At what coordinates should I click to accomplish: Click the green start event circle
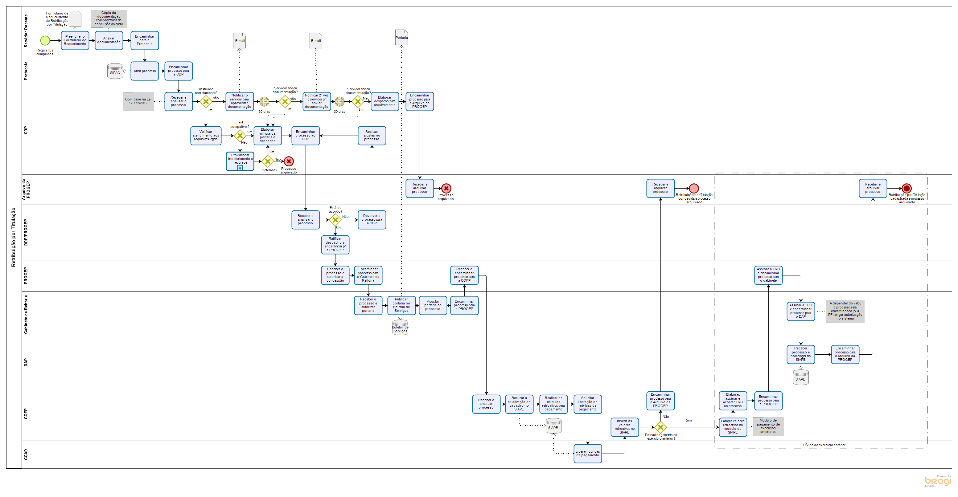(45, 40)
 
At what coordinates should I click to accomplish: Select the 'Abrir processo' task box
(145, 71)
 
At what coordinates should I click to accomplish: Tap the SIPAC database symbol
(115, 71)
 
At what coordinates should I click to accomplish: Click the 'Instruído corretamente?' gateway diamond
(206, 101)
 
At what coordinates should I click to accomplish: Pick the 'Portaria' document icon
(401, 38)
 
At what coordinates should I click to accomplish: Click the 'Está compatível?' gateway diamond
(240, 136)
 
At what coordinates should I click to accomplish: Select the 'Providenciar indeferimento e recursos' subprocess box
(240, 161)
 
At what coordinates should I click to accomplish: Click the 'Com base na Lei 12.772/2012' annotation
(138, 101)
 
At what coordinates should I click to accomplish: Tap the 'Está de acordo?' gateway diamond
(335, 220)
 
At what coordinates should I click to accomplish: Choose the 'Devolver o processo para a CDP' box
(372, 220)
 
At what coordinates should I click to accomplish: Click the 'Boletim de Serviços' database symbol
(400, 328)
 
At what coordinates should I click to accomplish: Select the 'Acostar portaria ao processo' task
(433, 305)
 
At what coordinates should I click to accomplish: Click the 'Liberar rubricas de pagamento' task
(588, 454)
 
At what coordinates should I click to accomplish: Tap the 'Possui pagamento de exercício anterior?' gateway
(660, 427)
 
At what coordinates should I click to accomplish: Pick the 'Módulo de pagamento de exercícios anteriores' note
(768, 426)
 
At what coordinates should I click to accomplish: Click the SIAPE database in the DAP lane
(800, 378)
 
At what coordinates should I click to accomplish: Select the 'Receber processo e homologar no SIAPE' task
(800, 354)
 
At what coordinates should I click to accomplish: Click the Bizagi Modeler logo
(938, 481)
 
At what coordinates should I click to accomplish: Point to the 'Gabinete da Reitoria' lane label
(26, 315)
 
